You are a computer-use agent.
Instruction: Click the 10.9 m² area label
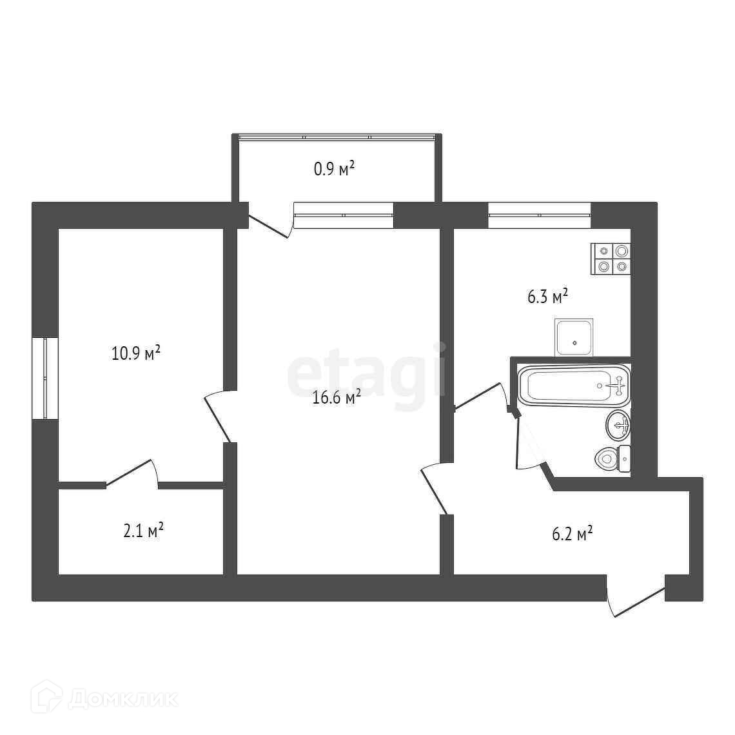(136, 353)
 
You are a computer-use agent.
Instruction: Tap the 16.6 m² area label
(337, 397)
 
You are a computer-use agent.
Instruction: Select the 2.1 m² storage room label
(143, 531)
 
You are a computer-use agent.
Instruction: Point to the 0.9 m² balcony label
(334, 168)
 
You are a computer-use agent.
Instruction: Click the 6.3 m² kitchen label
(548, 296)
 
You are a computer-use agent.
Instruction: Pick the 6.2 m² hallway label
(573, 533)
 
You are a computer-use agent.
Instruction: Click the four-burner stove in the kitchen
(611, 259)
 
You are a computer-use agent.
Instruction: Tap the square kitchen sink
(574, 337)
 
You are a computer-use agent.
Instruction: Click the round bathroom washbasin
(618, 425)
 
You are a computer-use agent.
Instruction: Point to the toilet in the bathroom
(612, 458)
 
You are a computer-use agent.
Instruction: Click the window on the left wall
(45, 378)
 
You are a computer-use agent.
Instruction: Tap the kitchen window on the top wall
(539, 215)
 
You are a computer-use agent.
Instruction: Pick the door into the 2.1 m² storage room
(132, 473)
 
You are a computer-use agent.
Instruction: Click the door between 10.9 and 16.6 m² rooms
(218, 416)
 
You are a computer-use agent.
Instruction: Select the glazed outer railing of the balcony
(337, 137)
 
